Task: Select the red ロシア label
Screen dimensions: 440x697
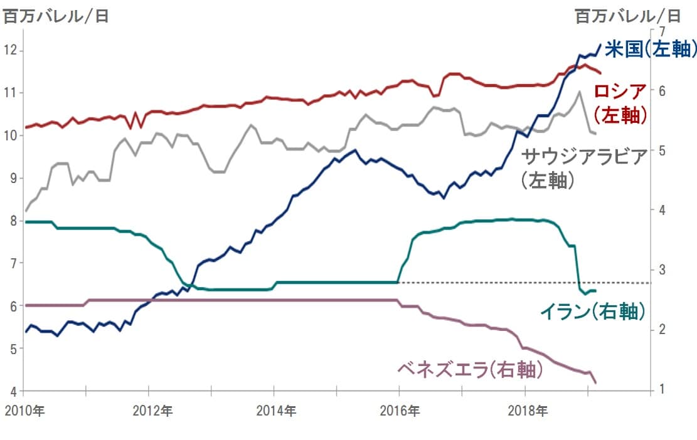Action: tap(620, 92)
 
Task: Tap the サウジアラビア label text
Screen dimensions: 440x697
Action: tap(584, 157)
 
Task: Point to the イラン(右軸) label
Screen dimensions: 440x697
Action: tap(593, 312)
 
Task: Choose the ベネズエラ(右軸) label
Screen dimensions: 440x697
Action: tap(469, 370)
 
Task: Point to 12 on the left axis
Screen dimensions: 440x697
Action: tap(10, 50)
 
